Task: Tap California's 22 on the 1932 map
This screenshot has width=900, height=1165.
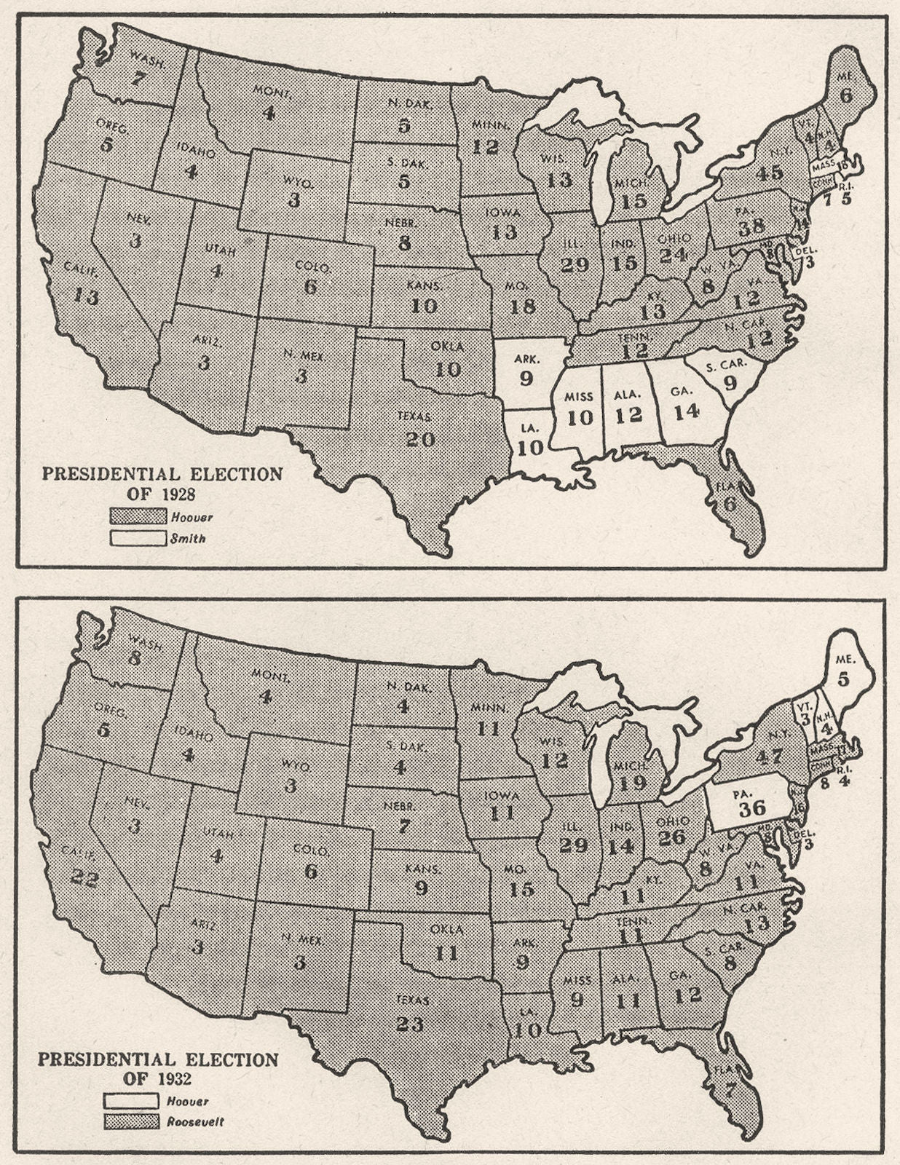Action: tap(85, 878)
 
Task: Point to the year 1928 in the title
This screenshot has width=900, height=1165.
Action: tap(175, 494)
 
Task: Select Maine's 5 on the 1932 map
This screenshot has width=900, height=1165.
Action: tap(843, 679)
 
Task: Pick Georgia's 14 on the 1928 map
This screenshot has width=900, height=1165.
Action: tap(686, 412)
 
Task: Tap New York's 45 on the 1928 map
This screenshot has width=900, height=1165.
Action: tap(769, 173)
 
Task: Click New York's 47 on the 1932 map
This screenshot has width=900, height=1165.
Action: tap(769, 756)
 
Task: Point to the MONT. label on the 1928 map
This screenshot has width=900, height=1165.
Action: tap(273, 90)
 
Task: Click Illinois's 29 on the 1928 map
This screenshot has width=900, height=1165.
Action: tap(575, 264)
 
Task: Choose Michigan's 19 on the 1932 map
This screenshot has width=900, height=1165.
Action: tap(632, 783)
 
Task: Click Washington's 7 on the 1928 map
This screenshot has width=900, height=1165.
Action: tap(138, 78)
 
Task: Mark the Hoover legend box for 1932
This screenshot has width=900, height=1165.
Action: tap(131, 1101)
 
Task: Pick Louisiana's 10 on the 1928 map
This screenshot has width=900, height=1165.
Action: tap(530, 447)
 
